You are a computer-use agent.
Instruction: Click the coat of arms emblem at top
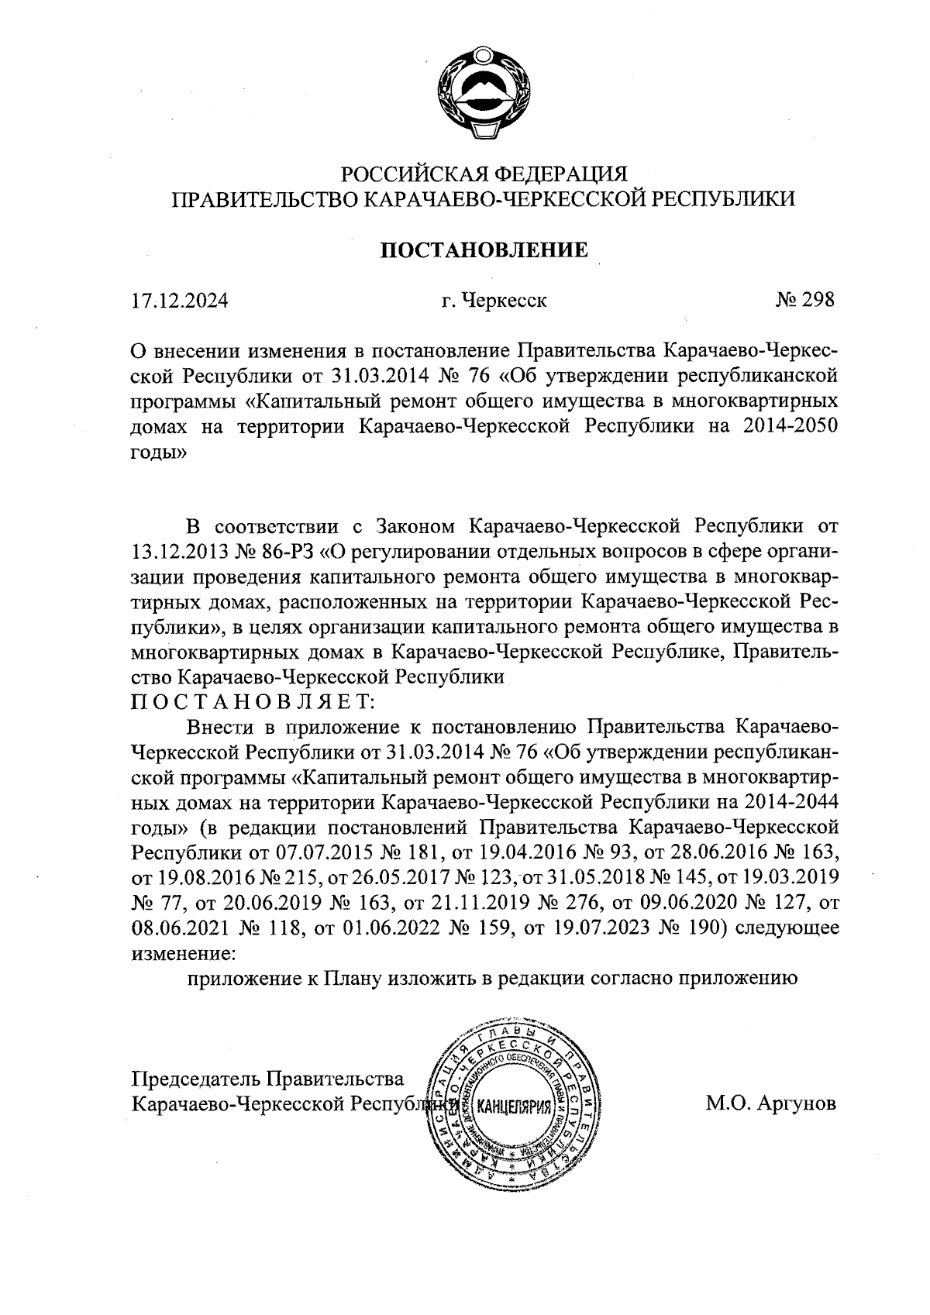click(x=483, y=92)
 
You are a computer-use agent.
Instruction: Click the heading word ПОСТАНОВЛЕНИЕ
click(x=483, y=250)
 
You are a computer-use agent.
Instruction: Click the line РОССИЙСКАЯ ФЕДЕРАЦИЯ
click(x=484, y=172)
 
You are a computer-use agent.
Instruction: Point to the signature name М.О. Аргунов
click(x=770, y=1103)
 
